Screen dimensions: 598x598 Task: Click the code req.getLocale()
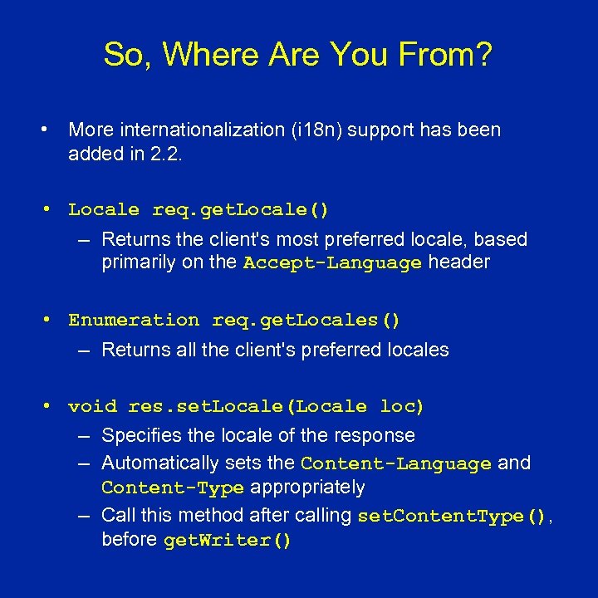point(240,210)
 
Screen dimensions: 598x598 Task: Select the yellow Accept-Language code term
point(332,263)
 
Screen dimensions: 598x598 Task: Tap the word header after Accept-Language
point(458,262)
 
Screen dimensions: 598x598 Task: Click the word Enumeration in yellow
point(134,320)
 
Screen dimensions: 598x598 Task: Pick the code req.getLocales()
point(306,320)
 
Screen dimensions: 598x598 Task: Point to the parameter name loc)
point(403,406)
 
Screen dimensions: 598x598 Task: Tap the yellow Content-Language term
point(396,463)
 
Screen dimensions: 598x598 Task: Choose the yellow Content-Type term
point(173,488)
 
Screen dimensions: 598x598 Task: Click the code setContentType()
point(452,516)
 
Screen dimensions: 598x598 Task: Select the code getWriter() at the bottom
point(228,541)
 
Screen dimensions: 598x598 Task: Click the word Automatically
point(155,463)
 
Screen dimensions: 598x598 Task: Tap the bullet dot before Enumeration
point(49,320)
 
